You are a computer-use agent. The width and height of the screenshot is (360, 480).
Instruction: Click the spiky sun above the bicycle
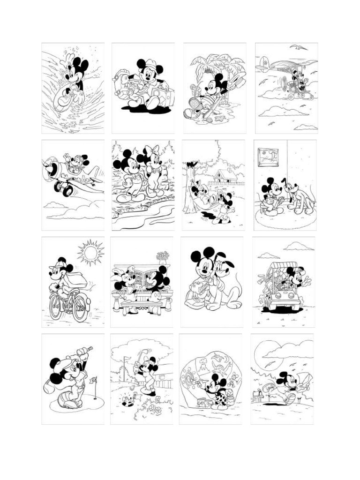(90, 253)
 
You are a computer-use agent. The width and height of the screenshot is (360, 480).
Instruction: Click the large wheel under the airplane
(67, 189)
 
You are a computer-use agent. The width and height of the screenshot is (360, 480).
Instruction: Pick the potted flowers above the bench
(163, 256)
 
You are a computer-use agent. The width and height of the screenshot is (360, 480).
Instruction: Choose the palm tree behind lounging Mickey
(206, 66)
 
